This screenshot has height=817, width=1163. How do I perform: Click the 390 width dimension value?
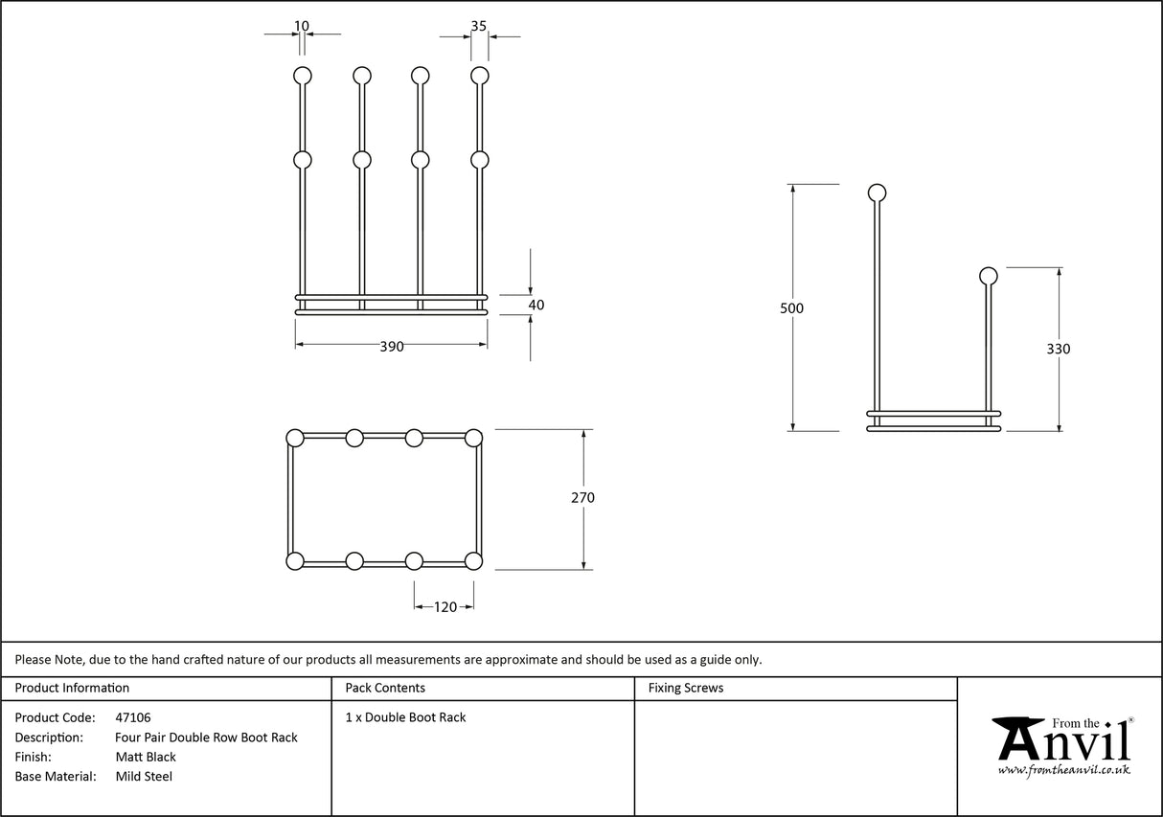point(392,347)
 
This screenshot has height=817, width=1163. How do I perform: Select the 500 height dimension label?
point(791,308)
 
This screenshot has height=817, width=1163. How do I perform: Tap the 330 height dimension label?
point(1059,349)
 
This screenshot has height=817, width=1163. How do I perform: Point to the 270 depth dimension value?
point(582,498)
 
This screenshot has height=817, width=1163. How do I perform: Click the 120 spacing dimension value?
point(445,606)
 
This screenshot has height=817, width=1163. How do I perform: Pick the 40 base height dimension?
point(536,306)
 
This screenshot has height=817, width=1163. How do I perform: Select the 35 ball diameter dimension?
point(479,26)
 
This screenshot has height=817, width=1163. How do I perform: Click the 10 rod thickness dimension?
point(303,26)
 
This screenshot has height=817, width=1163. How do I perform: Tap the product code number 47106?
point(132,717)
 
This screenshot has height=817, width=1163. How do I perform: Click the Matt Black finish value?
point(146,757)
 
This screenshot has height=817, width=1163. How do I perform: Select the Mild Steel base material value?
point(144,777)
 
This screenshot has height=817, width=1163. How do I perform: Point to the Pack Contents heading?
point(385,688)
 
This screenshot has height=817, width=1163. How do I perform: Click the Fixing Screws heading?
point(686,688)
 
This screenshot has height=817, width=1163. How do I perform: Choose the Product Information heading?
point(72,688)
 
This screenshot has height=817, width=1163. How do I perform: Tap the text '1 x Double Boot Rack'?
point(405,717)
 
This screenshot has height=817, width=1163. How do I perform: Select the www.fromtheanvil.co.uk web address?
point(1063,770)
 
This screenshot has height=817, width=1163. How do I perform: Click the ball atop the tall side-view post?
point(877,193)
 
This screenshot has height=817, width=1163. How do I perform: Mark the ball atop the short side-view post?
point(988,277)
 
